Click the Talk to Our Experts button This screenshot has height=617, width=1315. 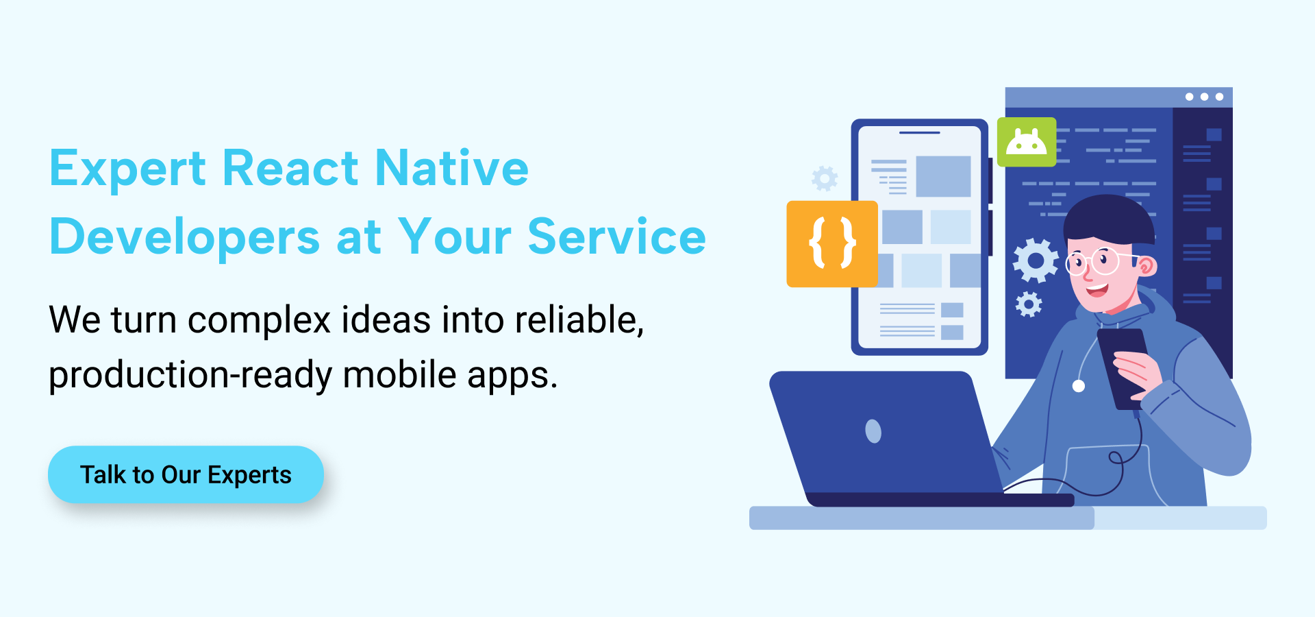pyautogui.click(x=186, y=474)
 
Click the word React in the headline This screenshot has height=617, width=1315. pyautogui.click(x=290, y=168)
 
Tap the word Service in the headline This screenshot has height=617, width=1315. pyautogui.click(x=616, y=237)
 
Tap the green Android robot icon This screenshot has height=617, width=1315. pyautogui.click(x=1027, y=142)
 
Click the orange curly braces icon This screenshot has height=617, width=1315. pyautogui.click(x=832, y=243)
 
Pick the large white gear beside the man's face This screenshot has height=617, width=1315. pyautogui.click(x=1036, y=261)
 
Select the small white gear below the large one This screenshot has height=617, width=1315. pyautogui.click(x=1028, y=304)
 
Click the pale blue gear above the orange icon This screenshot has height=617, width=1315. pyautogui.click(x=825, y=178)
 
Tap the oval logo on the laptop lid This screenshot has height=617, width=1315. pyautogui.click(x=873, y=431)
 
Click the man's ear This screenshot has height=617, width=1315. pyautogui.click(x=1146, y=266)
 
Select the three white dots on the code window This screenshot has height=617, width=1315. pyautogui.click(x=1204, y=97)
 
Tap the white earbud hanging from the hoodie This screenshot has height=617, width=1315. pyautogui.click(x=1078, y=386)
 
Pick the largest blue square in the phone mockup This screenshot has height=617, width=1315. pyautogui.click(x=943, y=176)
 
